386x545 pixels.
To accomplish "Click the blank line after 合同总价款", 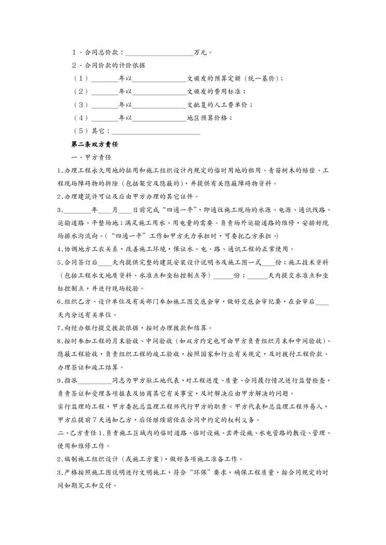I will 159,53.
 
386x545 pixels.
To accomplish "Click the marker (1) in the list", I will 81,79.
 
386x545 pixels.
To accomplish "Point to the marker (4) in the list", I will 81,118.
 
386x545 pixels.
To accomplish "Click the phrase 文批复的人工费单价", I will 218,105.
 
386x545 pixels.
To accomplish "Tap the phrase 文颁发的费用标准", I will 215,92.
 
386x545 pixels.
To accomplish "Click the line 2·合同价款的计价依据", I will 108,66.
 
